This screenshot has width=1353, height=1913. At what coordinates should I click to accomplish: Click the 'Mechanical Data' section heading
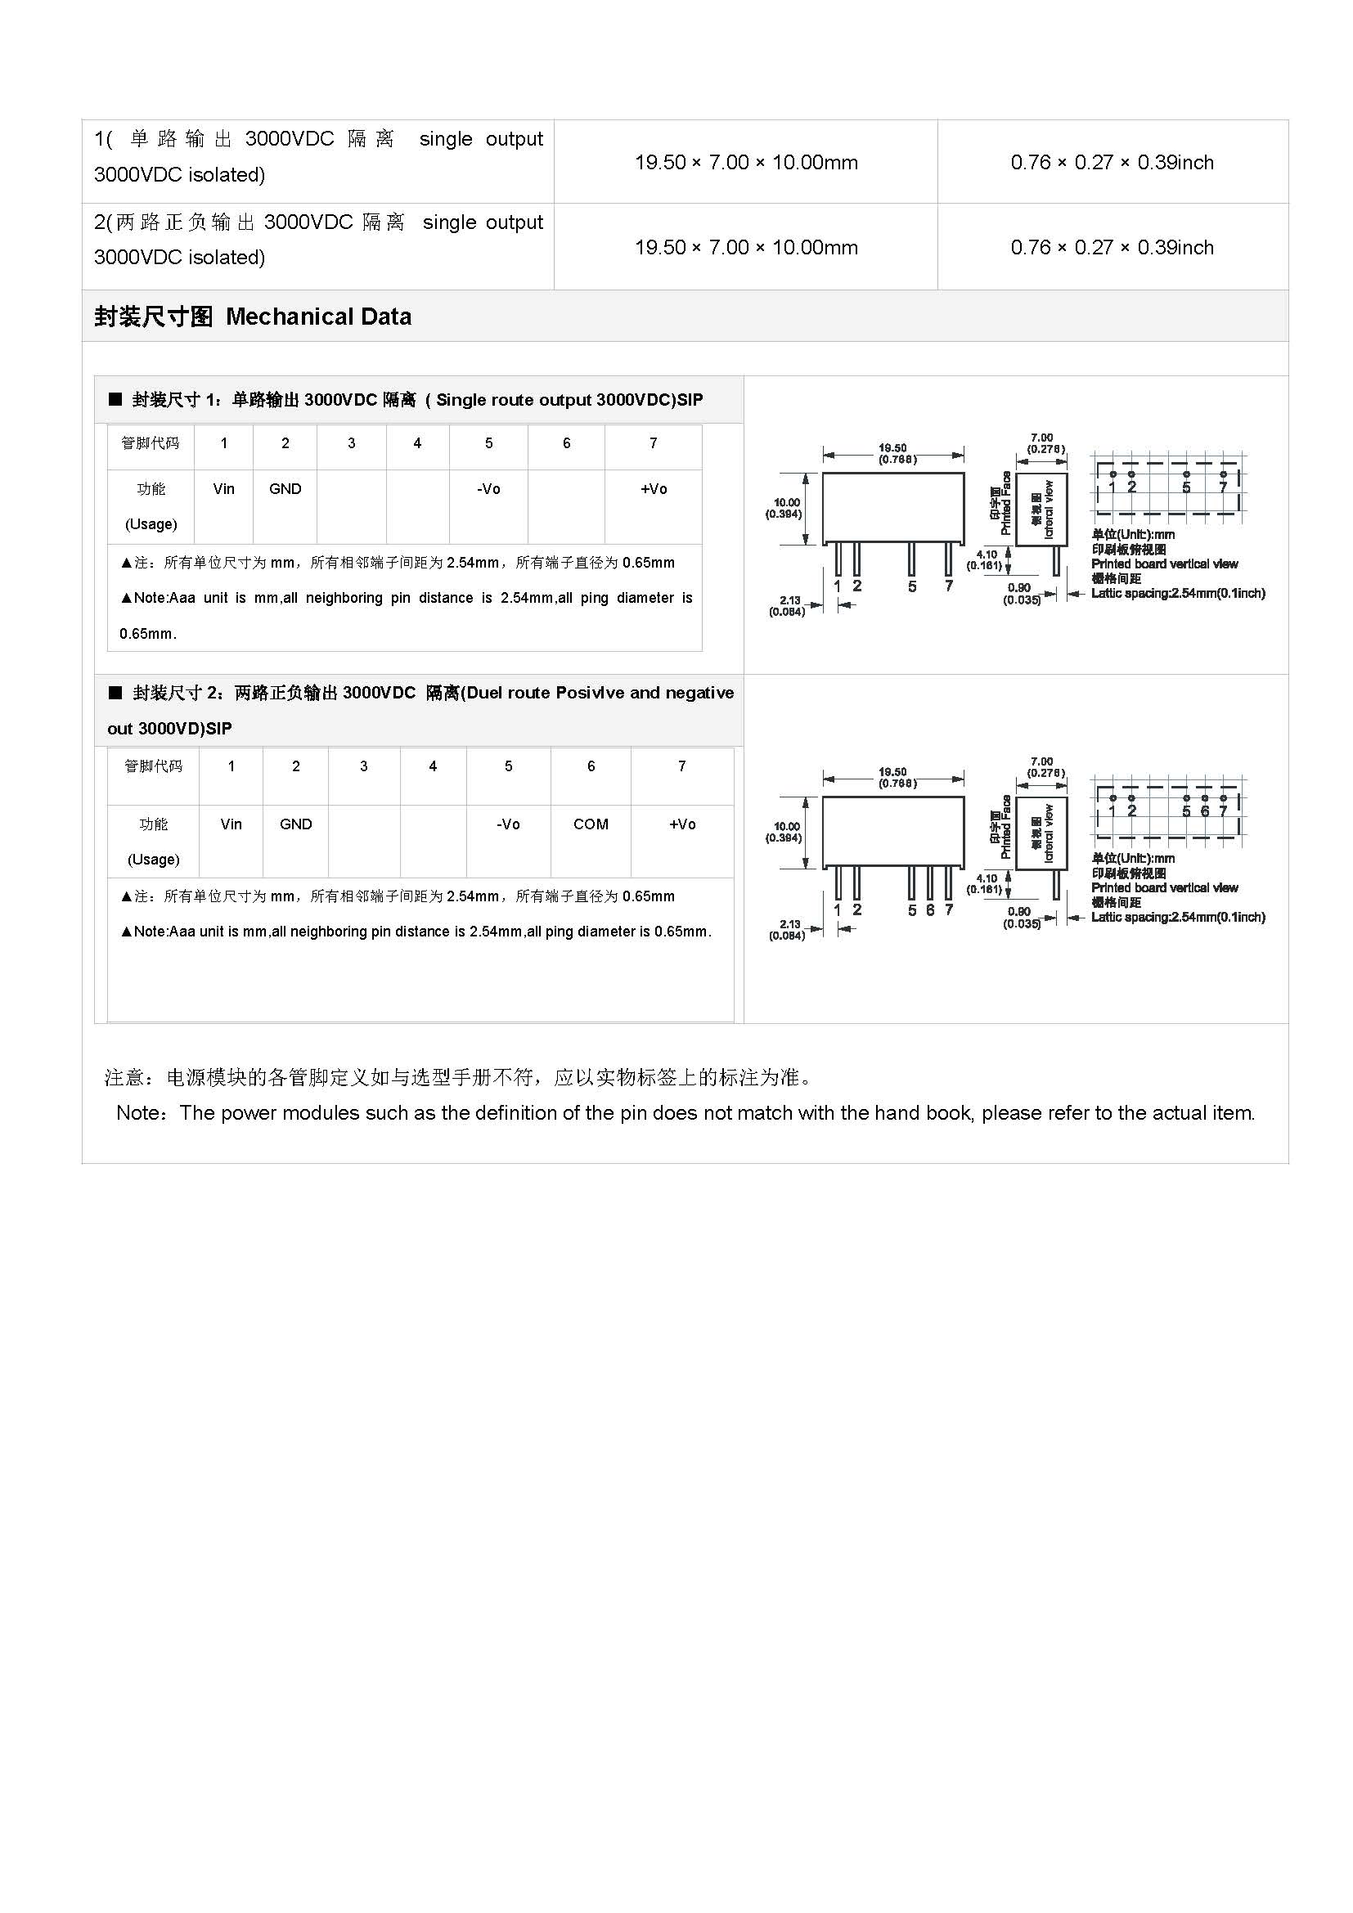coord(318,317)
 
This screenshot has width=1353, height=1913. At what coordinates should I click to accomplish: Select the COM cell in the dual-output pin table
coord(591,824)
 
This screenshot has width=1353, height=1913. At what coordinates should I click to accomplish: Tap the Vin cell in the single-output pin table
coord(223,489)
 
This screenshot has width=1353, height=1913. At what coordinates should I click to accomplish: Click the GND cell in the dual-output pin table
coord(296,824)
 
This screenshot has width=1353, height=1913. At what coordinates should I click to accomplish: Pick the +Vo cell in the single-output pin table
coord(653,489)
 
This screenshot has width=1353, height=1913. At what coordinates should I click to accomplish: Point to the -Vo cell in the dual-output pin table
coord(508,824)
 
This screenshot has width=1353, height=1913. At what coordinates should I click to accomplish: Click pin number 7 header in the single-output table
coord(653,443)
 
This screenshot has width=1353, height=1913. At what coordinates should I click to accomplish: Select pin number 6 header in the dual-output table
coord(591,766)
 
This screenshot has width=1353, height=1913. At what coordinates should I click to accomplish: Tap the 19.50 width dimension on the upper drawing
coord(892,448)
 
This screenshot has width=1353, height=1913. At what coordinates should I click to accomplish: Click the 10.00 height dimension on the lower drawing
coord(786,827)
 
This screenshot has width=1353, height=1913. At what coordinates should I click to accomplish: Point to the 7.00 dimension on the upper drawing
coord(1041,438)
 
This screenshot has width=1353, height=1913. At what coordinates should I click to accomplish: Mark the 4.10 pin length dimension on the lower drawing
coord(987,878)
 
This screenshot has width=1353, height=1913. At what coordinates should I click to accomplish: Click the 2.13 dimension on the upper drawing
coord(790,599)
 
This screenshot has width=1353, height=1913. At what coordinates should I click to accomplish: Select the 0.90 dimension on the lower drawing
coord(1019,911)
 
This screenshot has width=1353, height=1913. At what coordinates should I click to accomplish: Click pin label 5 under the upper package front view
coord(912,586)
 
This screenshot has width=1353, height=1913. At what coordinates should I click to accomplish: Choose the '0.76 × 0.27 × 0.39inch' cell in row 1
coord(1113,163)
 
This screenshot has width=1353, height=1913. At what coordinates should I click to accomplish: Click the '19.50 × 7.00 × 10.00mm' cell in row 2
coord(746,248)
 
